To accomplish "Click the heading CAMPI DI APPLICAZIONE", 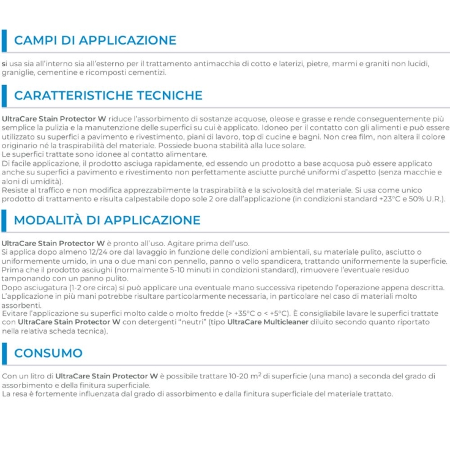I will [x=95, y=40].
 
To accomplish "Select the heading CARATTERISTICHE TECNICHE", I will [x=108, y=96].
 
